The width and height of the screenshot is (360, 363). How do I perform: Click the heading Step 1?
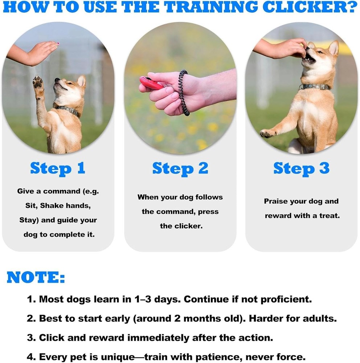58,168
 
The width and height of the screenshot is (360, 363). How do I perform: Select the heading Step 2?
180,168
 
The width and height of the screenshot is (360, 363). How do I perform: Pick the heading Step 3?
301,168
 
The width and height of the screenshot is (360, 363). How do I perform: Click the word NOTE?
36,278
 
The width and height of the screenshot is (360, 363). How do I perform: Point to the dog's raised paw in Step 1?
38,84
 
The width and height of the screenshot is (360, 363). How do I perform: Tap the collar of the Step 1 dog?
67,109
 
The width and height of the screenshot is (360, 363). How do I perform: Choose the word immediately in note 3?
157,338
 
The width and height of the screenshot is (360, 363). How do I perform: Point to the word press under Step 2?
208,212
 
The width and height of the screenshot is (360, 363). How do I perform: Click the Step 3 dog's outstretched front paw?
267,134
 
